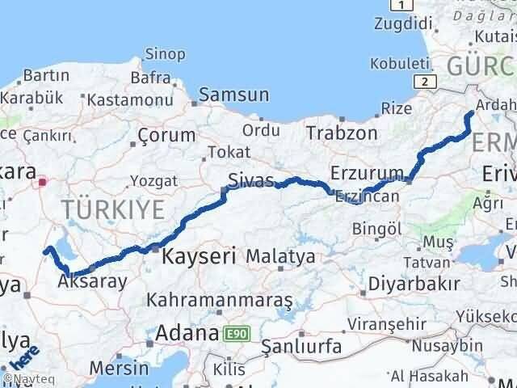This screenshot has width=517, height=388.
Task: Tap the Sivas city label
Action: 250,180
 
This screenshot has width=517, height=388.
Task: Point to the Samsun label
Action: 233,94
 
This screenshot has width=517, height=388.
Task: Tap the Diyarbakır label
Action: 414,284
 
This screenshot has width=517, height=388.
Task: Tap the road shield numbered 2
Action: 422,81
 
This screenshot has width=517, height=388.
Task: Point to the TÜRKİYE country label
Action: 113,210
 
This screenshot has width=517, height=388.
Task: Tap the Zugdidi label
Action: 397,25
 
